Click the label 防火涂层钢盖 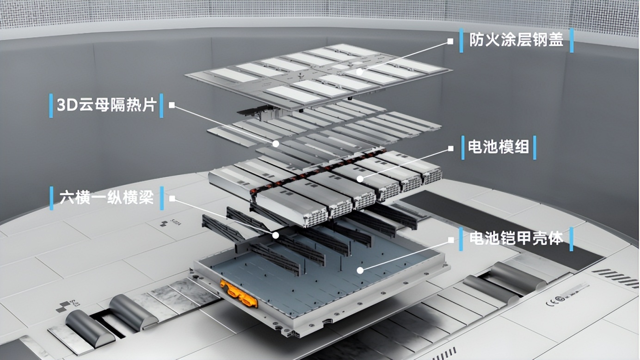coord(516,40)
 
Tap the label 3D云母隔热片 coord(106,105)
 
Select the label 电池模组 coord(498,147)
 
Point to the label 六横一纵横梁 coord(106,198)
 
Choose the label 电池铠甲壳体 coord(516,238)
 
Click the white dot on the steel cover coord(360,72)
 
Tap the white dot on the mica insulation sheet coord(276,144)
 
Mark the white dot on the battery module coord(360,179)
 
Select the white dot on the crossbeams coord(276,236)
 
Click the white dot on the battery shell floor coord(360,270)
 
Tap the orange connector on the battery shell coord(238,293)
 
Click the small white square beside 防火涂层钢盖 coord(450,42)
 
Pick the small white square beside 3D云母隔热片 coord(172,105)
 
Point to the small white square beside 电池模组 coord(450,149)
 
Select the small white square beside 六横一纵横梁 coord(172,198)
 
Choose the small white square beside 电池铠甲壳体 coord(451,240)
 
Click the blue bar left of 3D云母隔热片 coord(51,106)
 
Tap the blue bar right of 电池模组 coord(535,148)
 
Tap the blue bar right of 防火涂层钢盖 coord(572,40)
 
